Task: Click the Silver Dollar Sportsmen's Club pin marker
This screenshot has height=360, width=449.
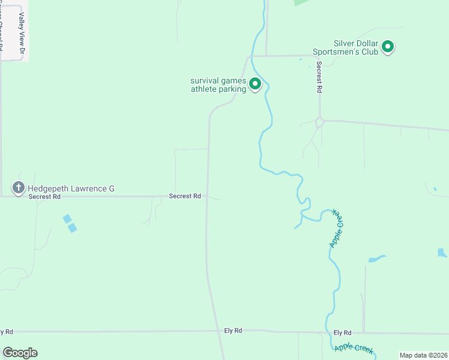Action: [388, 46]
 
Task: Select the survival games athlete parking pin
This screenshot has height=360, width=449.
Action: [255, 84]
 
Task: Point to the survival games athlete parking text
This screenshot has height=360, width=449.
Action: [218, 85]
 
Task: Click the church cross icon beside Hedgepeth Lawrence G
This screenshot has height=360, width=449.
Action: [18, 188]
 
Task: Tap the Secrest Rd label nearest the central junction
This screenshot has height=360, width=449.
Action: [184, 196]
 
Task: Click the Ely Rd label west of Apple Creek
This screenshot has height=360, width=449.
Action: [233, 331]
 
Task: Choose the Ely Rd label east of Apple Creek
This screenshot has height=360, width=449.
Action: [342, 332]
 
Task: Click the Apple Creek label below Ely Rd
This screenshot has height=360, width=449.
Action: [354, 347]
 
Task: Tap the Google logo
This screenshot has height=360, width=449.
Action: [20, 353]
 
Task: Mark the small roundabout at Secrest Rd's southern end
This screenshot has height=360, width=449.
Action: [320, 122]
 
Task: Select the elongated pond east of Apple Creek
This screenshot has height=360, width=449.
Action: [376, 259]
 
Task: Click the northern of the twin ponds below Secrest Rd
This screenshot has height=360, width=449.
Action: [67, 219]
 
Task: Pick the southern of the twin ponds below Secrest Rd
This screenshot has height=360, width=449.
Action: [73, 228]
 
